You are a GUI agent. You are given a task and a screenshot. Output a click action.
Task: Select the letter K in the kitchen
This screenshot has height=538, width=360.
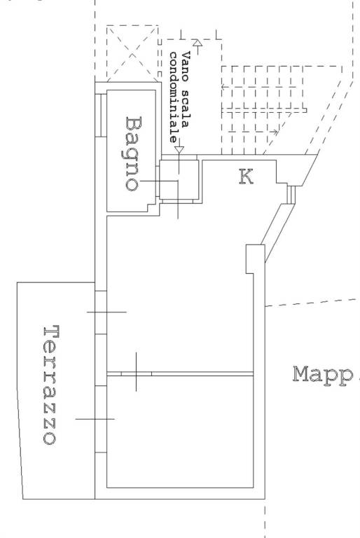tap(246, 177)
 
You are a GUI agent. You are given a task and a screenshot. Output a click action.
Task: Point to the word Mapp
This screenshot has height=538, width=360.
tap(323, 375)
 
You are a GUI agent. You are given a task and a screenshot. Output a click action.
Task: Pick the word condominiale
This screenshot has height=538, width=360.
tap(174, 97)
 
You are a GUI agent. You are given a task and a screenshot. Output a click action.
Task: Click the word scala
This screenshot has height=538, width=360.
tap(186, 109)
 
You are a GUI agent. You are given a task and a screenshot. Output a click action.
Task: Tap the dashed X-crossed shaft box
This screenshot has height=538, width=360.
tap(132, 53)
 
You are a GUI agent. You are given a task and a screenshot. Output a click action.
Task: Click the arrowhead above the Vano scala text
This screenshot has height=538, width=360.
tap(197, 43)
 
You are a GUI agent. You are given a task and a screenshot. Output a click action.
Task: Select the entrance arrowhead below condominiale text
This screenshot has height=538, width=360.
tap(179, 150)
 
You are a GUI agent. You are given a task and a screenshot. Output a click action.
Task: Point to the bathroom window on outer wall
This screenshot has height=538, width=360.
tap(101, 116)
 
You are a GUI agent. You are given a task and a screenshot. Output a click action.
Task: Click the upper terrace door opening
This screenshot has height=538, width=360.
tap(101, 312)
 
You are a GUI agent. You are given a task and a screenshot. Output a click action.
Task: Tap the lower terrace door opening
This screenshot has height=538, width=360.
tap(101, 419)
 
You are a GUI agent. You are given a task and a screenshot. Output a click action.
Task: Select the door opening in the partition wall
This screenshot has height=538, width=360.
tap(137, 373)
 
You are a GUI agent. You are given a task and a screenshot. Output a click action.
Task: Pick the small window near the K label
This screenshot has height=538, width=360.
tap(291, 195)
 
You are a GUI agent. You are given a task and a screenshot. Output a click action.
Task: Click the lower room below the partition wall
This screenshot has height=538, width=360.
tap(180, 432)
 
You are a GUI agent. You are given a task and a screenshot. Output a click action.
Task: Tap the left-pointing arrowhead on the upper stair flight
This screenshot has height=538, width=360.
tap(223, 87)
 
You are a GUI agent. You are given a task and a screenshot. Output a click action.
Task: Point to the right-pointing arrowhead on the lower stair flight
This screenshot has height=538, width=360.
tap(275, 132)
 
